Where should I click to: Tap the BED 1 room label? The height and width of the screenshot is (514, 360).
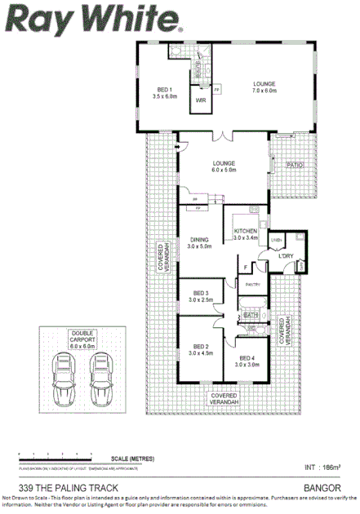pyautogui.click(x=164, y=91)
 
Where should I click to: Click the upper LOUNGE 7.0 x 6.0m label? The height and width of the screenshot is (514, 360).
pyautogui.click(x=264, y=87)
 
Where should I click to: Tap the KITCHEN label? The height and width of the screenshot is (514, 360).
pyautogui.click(x=246, y=234)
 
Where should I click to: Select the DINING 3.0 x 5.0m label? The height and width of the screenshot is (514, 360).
pyautogui.click(x=199, y=242)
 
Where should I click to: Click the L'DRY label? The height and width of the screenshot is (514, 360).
pyautogui.click(x=285, y=256)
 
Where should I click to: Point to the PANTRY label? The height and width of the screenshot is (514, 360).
pyautogui.click(x=252, y=284)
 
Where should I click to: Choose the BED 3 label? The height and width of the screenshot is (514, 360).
pyautogui.click(x=201, y=296)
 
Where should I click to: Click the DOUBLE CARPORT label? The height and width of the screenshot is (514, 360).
pyautogui.click(x=82, y=339)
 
